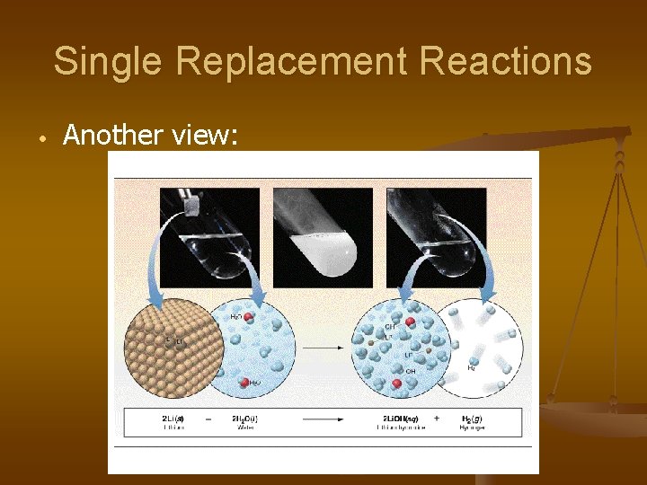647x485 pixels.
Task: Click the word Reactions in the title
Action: click(506, 62)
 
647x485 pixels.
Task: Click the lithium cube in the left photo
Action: click(191, 206)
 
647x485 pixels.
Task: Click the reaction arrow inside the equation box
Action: click(328, 419)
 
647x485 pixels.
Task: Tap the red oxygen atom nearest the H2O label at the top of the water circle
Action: click(249, 317)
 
